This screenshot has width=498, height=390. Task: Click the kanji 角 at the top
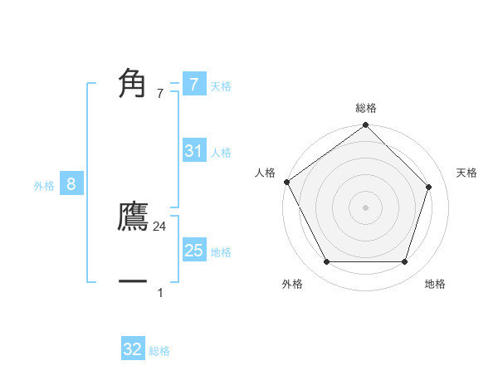click(133, 83)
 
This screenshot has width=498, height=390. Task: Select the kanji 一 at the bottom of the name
click(133, 282)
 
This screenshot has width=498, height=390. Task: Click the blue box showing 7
click(193, 84)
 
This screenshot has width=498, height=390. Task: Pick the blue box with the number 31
click(193, 151)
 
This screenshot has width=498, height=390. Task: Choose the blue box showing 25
click(193, 251)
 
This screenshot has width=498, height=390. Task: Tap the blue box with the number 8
click(71, 184)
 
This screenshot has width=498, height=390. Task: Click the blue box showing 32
click(133, 349)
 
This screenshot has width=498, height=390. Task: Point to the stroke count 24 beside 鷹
click(160, 226)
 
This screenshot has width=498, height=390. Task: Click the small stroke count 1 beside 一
click(160, 292)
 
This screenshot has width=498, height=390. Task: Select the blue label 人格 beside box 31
click(221, 153)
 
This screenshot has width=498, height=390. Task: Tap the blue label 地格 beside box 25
click(221, 252)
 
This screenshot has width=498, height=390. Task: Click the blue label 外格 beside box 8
click(44, 186)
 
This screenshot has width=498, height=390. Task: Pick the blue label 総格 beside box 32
click(159, 351)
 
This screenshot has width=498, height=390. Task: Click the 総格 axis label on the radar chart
click(366, 108)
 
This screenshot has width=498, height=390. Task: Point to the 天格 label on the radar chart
click(467, 173)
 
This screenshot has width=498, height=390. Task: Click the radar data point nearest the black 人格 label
click(287, 182)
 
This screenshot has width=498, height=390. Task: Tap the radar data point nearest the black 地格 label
click(405, 262)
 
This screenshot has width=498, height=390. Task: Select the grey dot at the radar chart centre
click(366, 207)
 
